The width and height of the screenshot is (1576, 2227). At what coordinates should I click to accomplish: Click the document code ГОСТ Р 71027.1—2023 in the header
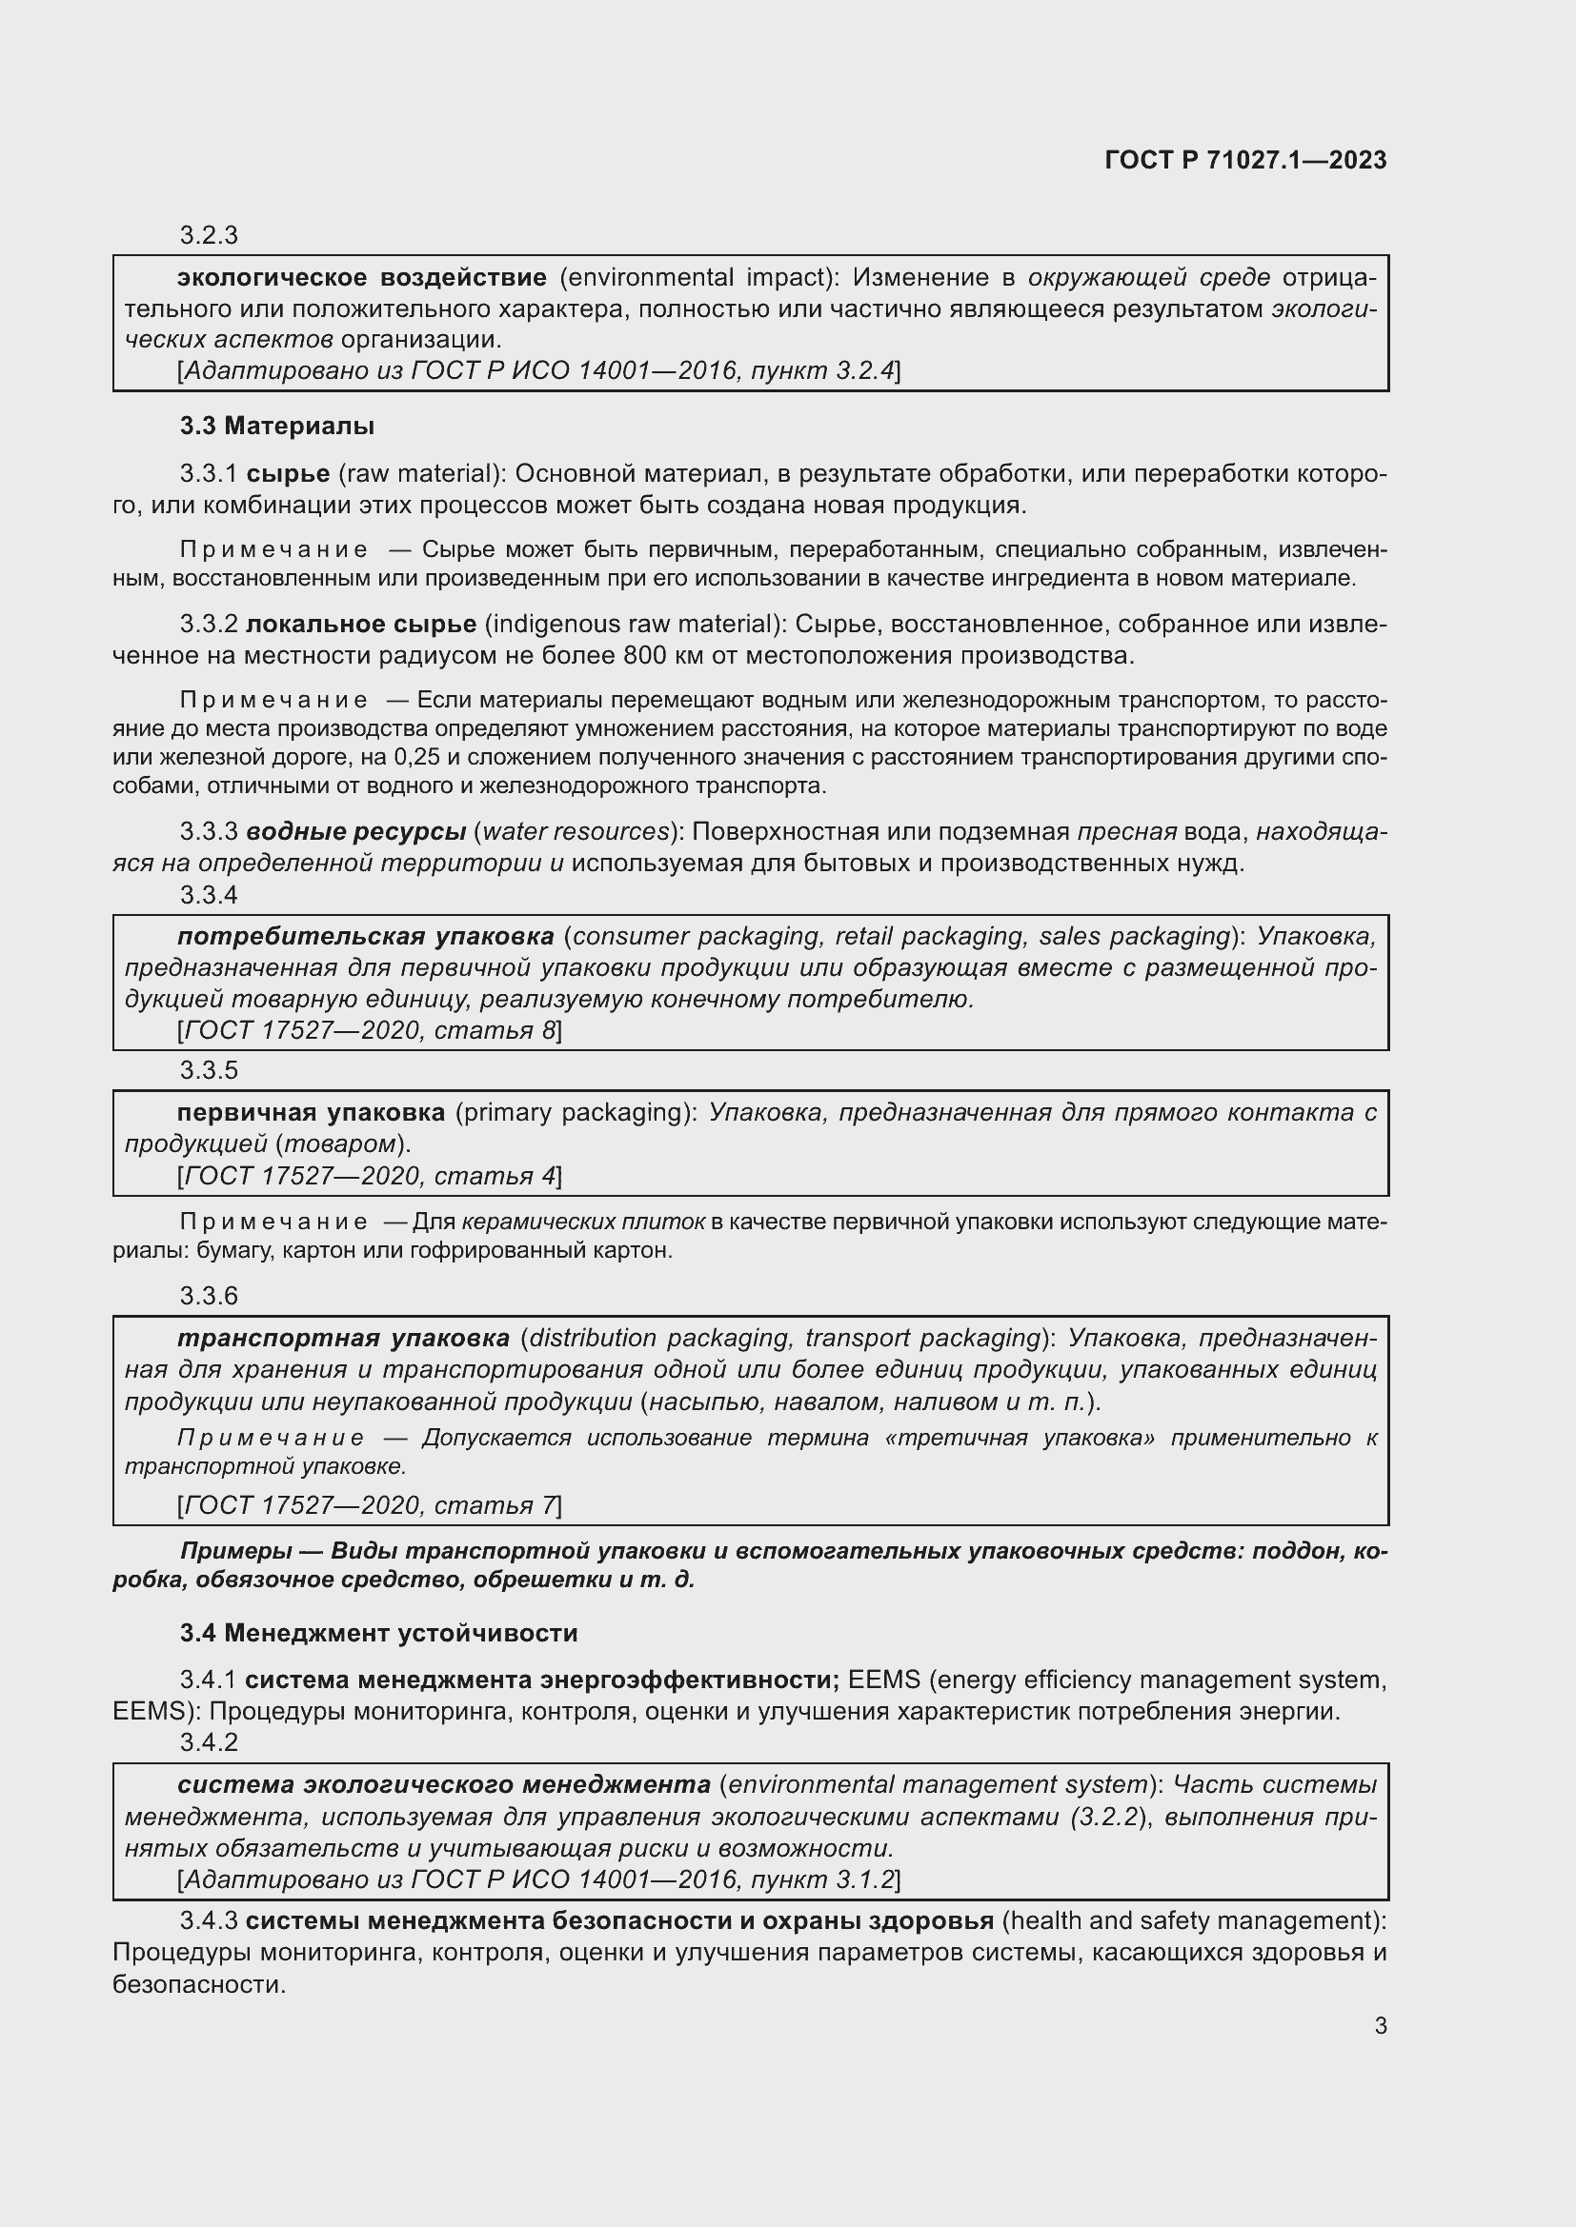1245,160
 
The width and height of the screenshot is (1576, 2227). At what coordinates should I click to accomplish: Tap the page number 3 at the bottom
1380,2025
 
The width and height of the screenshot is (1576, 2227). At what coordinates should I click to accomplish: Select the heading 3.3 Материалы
277,426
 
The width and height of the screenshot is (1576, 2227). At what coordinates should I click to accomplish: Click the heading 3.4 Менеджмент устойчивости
378,1633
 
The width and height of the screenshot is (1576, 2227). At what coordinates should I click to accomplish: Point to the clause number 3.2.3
209,236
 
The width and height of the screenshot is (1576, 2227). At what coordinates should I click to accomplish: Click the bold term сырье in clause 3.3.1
288,473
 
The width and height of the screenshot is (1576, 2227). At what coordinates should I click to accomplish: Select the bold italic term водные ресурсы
356,831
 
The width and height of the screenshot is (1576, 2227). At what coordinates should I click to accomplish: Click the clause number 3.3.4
209,894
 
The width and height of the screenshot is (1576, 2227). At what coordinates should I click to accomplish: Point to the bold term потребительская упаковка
366,936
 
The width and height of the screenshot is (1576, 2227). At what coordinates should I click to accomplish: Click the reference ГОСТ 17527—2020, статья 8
370,1030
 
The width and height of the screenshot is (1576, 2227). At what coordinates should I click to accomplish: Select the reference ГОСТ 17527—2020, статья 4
370,1176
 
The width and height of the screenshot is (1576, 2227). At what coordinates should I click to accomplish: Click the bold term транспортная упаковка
344,1338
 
